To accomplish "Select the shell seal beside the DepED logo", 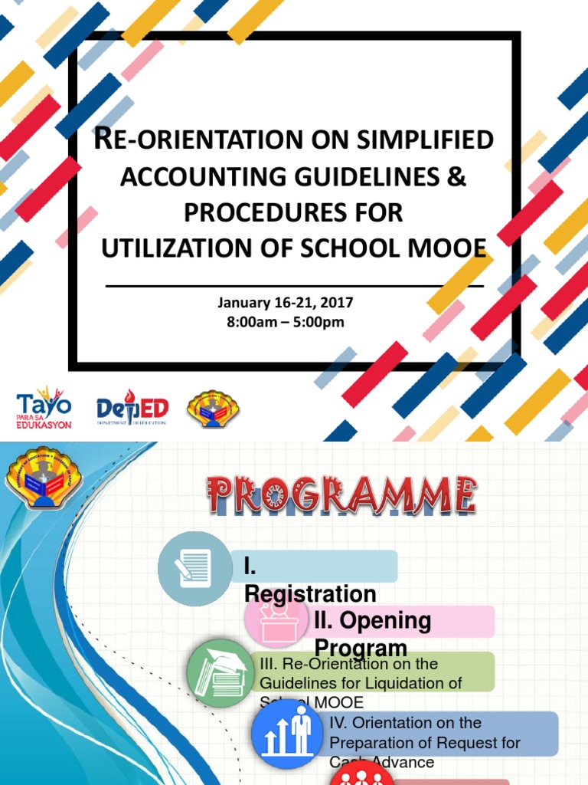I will pyautogui.click(x=214, y=408).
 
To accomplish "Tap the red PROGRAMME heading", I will pyautogui.click(x=341, y=494).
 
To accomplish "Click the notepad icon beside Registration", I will pyautogui.click(x=194, y=568).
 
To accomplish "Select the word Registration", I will pyautogui.click(x=310, y=594).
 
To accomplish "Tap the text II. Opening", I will pyautogui.click(x=372, y=619).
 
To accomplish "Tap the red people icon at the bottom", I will pyautogui.click(x=362, y=776).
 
